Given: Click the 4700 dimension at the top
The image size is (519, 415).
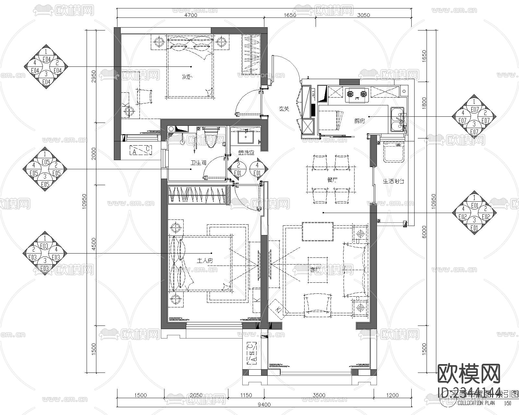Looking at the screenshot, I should [x=191, y=15].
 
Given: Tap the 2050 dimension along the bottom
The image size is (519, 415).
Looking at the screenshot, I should [x=196, y=395].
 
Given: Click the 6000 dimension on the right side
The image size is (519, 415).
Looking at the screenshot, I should [x=424, y=231].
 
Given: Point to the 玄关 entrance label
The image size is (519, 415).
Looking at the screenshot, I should [x=284, y=109].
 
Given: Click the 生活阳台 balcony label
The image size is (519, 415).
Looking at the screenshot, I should [x=393, y=182].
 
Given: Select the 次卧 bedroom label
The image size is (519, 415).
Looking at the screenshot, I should [x=187, y=77].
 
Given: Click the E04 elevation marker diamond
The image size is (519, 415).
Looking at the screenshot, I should [x=46, y=66].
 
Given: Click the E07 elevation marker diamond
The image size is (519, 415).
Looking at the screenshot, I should [x=474, y=116].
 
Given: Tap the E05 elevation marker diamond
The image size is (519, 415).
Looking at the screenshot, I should [x=45, y=169].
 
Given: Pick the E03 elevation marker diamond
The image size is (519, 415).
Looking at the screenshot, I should [x=45, y=253].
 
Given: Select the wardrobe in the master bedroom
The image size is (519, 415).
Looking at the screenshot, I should [x=197, y=195].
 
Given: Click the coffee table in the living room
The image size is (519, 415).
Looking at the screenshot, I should [x=317, y=270].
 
